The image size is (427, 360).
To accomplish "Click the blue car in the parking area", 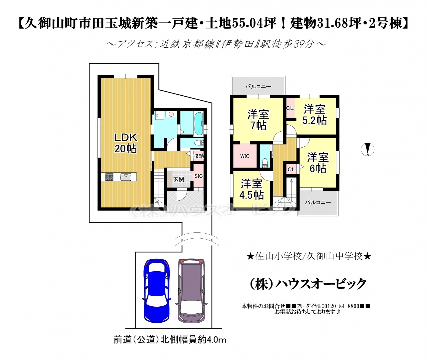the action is (157, 293).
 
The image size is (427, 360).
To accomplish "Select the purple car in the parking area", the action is (191, 293).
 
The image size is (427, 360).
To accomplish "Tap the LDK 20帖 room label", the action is (125, 143).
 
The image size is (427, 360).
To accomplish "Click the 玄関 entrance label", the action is (179, 179).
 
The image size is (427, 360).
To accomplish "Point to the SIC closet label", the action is (198, 176).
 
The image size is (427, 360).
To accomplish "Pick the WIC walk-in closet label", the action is (245, 156).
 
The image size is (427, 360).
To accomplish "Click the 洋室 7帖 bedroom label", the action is (258, 120).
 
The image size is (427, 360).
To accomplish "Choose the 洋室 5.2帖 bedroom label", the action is (315, 115).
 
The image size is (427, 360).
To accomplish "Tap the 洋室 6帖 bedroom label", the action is (318, 163).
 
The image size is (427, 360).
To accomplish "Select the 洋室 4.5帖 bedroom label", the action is (252, 189).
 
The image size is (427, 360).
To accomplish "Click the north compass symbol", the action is (368, 149).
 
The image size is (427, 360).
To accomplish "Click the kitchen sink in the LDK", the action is (126, 177).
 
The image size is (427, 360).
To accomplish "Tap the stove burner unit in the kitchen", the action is (109, 177).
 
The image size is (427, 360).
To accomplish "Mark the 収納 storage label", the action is (198, 156).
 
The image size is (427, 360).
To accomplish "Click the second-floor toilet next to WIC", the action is (265, 163).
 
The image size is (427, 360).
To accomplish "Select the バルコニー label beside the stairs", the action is (318, 202).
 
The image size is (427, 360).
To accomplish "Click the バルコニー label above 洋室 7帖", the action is (258, 86).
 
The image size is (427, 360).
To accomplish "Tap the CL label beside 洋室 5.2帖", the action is (290, 108).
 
